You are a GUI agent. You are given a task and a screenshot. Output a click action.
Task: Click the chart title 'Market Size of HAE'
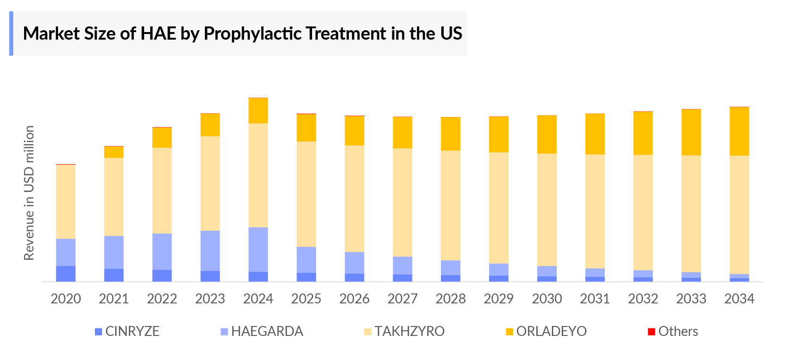pyautogui.click(x=242, y=33)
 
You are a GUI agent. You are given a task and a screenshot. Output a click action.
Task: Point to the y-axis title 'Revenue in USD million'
pyautogui.click(x=29, y=193)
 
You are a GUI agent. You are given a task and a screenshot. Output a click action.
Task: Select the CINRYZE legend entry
pyautogui.click(x=127, y=331)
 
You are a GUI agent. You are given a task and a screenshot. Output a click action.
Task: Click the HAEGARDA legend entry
pyautogui.click(x=262, y=331)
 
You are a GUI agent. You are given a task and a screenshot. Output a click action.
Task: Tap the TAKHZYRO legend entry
pyautogui.click(x=405, y=331)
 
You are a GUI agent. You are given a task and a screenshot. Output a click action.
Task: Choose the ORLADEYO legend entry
pyautogui.click(x=546, y=331)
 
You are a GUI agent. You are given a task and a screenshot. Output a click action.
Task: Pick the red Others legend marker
pyautogui.click(x=652, y=332)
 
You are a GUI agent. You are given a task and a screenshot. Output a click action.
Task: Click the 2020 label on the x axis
pyautogui.click(x=66, y=299)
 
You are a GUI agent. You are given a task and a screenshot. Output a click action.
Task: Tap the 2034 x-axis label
pyautogui.click(x=739, y=299)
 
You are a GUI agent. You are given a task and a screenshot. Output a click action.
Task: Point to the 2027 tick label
pyautogui.click(x=402, y=299)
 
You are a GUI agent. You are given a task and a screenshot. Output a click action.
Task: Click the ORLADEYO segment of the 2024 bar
pyautogui.click(x=258, y=111)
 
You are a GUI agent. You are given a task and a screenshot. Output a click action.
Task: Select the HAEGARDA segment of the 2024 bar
pyautogui.click(x=258, y=250)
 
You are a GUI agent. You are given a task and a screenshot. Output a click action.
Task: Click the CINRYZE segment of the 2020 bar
pyautogui.click(x=66, y=274)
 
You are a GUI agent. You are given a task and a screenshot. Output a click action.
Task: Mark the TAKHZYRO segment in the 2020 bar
pyautogui.click(x=66, y=202)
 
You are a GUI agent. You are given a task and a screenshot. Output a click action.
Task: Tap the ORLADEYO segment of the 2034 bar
pyautogui.click(x=739, y=132)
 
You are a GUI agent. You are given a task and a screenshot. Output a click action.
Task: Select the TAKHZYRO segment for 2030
pyautogui.click(x=547, y=210)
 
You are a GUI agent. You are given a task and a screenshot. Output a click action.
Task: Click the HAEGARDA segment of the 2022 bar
pyautogui.click(x=162, y=251)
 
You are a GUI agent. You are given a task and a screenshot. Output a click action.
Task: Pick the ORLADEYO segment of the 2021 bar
pyautogui.click(x=114, y=152)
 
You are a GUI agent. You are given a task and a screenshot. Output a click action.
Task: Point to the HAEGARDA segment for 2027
pyautogui.click(x=402, y=266)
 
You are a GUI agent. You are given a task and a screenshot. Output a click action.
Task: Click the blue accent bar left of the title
pyautogui.click(x=11, y=33)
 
